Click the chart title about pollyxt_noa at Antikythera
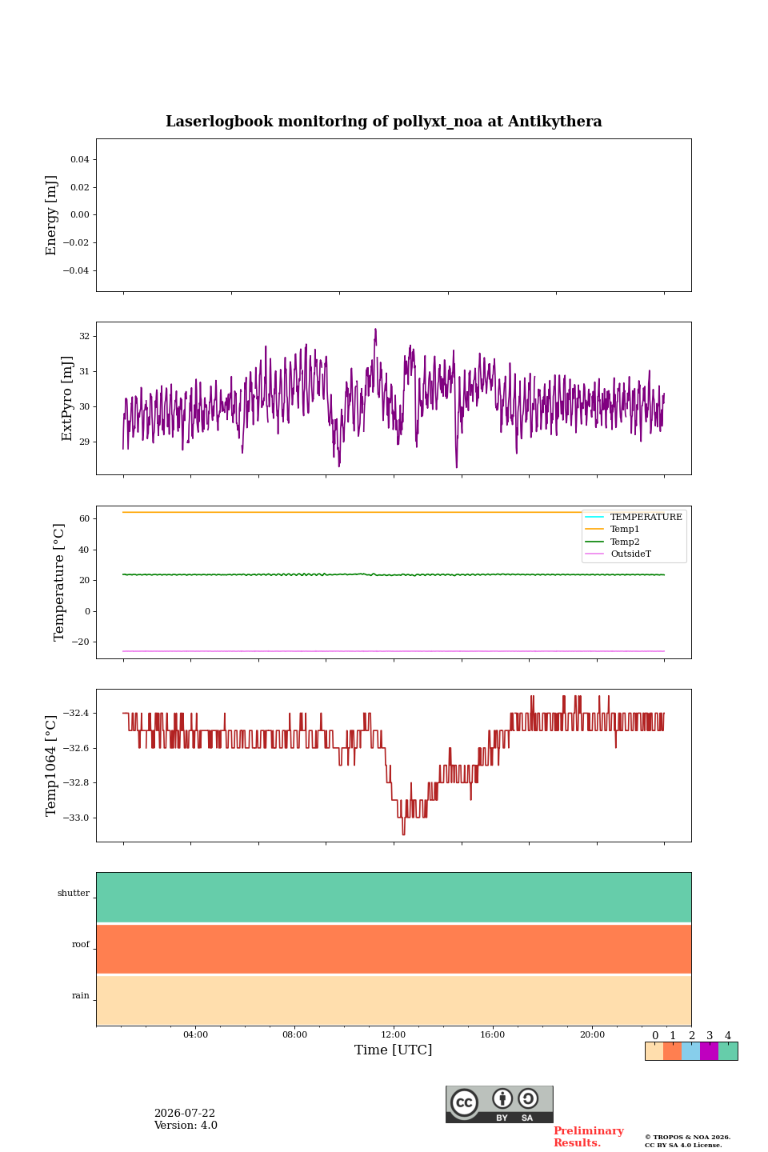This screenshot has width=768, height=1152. (383, 122)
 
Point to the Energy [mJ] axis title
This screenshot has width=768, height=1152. (51, 215)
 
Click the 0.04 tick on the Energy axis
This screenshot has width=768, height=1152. (80, 159)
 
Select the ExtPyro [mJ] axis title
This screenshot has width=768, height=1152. (67, 398)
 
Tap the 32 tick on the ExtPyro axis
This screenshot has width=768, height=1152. (84, 336)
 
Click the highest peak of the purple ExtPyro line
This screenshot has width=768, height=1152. (375, 329)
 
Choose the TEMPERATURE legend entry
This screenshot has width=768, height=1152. (634, 517)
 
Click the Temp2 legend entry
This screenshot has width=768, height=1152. (613, 542)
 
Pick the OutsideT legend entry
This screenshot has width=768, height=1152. (618, 554)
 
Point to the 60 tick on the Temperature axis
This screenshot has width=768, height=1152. (84, 518)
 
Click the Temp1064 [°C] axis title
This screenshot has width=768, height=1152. (51, 766)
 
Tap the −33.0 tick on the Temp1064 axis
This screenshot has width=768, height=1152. (76, 818)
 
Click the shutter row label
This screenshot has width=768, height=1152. (74, 894)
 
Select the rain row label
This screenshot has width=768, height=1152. (80, 996)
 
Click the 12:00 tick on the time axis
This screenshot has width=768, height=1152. (394, 1034)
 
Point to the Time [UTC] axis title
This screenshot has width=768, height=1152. (394, 1050)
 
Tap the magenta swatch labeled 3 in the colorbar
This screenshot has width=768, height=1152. (710, 1051)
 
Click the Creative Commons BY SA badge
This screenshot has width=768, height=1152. (499, 1105)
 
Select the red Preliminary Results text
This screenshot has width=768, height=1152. (589, 1137)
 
